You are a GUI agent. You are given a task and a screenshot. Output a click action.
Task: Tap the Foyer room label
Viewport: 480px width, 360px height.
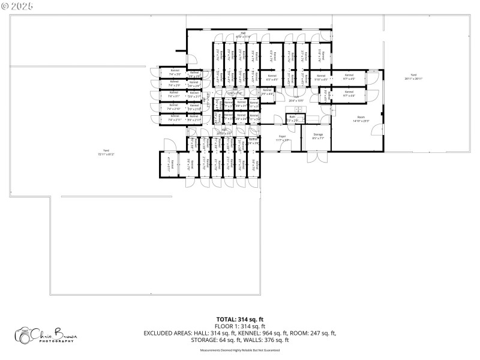[x=282, y=138]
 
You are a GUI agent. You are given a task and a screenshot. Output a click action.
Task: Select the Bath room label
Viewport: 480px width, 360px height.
[x=292, y=119]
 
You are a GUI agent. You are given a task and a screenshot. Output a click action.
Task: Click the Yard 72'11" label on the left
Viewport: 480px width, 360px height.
[x=106, y=152]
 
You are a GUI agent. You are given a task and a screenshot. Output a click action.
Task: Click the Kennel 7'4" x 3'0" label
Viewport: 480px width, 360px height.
[x=175, y=72]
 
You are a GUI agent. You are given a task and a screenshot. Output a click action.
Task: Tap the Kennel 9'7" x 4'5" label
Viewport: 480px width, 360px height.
[x=349, y=77]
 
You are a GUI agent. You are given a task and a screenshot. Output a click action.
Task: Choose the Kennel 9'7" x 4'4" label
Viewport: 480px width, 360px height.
[x=349, y=94]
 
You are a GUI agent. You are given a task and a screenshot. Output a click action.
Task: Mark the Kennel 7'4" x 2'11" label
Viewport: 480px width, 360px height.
[x=175, y=118]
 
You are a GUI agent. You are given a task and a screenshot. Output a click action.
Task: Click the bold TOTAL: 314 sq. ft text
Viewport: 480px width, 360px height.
[x=240, y=319]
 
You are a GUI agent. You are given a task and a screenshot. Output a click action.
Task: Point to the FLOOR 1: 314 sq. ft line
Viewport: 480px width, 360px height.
[x=240, y=326]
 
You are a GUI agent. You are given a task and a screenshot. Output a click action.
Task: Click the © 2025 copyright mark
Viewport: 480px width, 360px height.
[x=18, y=5]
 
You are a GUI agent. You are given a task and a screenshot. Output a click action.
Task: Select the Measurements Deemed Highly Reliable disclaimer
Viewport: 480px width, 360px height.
[x=240, y=350]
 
